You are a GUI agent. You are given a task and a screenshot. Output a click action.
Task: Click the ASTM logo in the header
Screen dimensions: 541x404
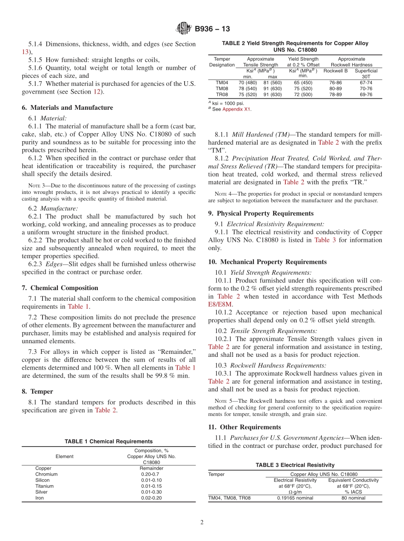(184, 29)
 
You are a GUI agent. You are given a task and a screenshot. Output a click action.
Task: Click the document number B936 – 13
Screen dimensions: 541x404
(212, 29)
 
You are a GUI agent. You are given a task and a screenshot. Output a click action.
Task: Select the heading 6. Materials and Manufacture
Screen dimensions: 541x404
(67, 108)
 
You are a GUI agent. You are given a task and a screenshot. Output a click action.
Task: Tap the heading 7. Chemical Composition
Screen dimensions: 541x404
(60, 288)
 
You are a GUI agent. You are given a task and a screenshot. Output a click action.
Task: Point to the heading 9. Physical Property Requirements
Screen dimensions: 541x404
(261, 214)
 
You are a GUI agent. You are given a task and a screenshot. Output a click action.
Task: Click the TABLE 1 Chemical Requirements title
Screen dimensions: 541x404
(108, 441)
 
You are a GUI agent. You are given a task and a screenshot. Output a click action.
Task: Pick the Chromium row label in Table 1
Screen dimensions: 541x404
(46, 474)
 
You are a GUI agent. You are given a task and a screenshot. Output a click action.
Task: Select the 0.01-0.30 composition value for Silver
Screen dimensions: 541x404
(151, 492)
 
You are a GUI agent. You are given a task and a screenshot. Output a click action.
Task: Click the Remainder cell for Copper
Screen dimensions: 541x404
(151, 468)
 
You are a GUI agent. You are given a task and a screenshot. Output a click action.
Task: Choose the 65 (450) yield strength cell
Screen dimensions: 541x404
(303, 83)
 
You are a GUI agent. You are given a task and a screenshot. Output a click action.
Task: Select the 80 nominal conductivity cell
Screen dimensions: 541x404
(353, 498)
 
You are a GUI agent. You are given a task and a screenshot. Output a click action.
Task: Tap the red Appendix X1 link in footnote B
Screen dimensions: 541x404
(237, 109)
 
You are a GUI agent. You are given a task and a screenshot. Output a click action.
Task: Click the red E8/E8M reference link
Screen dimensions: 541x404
(220, 304)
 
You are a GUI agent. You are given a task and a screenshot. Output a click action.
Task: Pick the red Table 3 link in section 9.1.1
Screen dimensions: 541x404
(325, 240)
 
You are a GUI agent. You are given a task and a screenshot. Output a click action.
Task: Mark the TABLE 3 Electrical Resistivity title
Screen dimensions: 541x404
(295, 465)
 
